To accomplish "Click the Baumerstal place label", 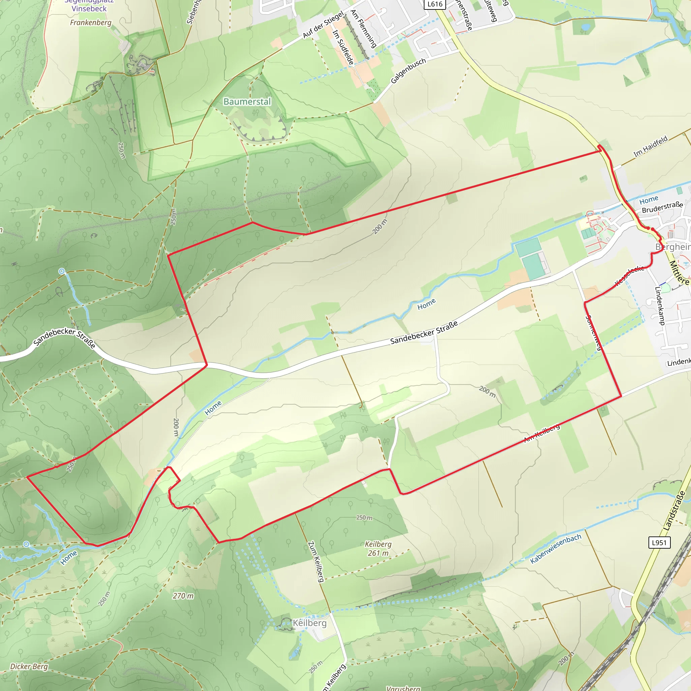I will pos(247,102).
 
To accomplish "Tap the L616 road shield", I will pos(435,4).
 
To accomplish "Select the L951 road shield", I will pos(659,543).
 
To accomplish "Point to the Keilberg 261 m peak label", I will pos(378,548).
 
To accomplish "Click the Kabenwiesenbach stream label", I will pos(555,549).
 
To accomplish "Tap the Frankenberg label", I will pos(90,23).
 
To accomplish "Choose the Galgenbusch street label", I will pos(408,71).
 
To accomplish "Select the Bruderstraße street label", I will pos(662,207).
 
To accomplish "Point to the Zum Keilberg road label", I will pos(316,562).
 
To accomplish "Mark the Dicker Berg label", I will pos(29,666).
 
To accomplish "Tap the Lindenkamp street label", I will pos(659,305).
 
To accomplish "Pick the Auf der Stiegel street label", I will pos(323,25).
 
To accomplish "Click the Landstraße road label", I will pos(674,511).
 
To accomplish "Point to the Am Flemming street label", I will pos(363,29).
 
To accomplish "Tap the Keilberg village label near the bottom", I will pos(309,623).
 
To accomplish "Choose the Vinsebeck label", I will pos(89,8).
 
